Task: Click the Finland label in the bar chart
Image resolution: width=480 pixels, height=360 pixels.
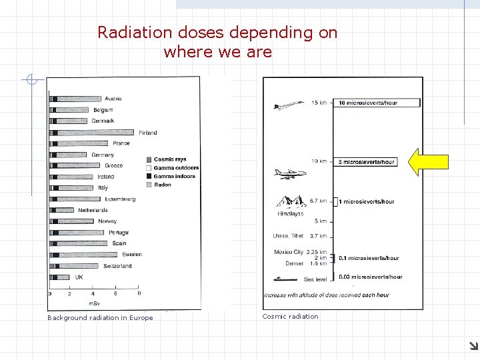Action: pyautogui.click(x=148, y=133)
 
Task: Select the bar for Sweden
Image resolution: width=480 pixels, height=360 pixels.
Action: pyautogui.click(x=85, y=255)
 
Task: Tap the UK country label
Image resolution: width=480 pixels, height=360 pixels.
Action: pyautogui.click(x=79, y=277)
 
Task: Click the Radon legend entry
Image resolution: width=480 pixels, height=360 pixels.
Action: pyautogui.click(x=162, y=185)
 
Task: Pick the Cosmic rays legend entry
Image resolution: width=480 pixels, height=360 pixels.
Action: pyautogui.click(x=169, y=159)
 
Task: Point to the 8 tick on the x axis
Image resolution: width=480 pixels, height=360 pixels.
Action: pyautogui.click(x=139, y=293)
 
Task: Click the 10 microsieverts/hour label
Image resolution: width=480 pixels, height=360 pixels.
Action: pyautogui.click(x=377, y=103)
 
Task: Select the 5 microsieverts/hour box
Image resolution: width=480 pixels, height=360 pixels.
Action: pyautogui.click(x=367, y=161)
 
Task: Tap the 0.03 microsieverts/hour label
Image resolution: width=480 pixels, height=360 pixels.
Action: pyautogui.click(x=370, y=277)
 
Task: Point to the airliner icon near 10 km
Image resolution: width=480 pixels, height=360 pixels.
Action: pyautogui.click(x=290, y=173)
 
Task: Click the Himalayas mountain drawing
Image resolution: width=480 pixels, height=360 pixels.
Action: pyautogui.click(x=291, y=202)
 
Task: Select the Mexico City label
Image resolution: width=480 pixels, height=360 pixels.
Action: pyautogui.click(x=289, y=252)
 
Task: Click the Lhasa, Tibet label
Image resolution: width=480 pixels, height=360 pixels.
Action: pyautogui.click(x=288, y=236)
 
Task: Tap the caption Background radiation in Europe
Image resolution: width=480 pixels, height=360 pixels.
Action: pyautogui.click(x=100, y=318)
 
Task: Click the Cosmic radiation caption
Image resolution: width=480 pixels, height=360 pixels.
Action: pyautogui.click(x=291, y=317)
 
